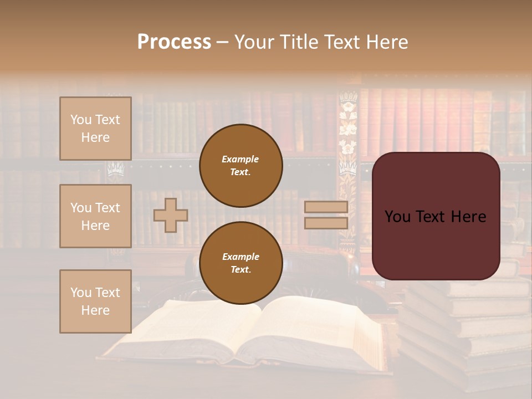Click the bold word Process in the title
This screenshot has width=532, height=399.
[174, 42]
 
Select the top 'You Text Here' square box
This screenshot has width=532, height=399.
[95, 129]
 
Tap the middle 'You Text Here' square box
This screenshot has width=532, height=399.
[95, 216]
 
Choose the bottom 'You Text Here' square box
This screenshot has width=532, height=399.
[95, 301]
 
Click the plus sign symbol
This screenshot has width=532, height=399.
[170, 215]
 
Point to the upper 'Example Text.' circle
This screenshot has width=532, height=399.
[241, 166]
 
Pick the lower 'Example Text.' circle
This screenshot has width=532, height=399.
[241, 263]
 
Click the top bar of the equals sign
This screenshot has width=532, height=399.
[326, 207]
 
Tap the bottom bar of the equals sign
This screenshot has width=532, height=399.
[326, 223]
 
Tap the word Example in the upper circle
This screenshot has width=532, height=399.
[241, 159]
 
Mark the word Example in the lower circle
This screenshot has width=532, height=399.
[241, 257]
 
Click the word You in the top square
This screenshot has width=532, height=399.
[81, 120]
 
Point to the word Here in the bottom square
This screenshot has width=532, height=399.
[95, 310]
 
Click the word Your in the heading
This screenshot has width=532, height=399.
[255, 42]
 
